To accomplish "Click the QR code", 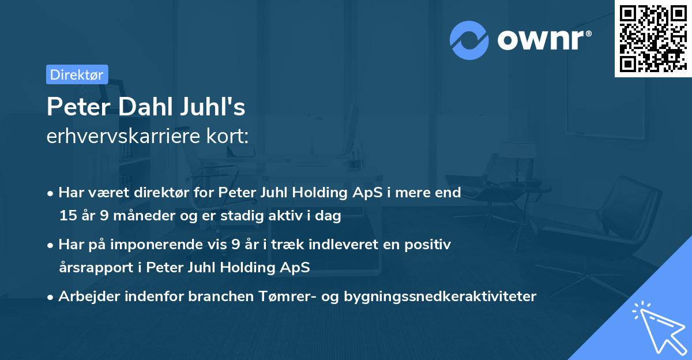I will tap(653, 39).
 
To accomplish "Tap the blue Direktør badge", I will tap(77, 74).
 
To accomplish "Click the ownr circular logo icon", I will tap(469, 40).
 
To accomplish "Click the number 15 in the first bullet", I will tap(67, 216).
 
